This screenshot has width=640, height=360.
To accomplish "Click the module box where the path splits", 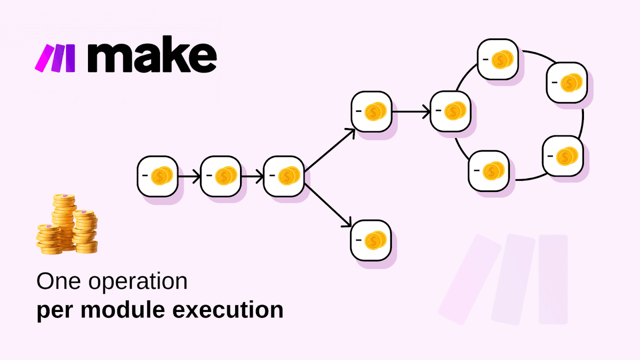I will pyautogui.click(x=284, y=175).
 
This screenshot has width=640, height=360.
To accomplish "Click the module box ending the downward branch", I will pyautogui.click(x=371, y=240).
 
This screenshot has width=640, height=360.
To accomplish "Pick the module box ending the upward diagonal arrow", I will pyautogui.click(x=371, y=111).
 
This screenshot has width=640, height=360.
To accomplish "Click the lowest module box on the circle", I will pyautogui.click(x=488, y=170).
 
